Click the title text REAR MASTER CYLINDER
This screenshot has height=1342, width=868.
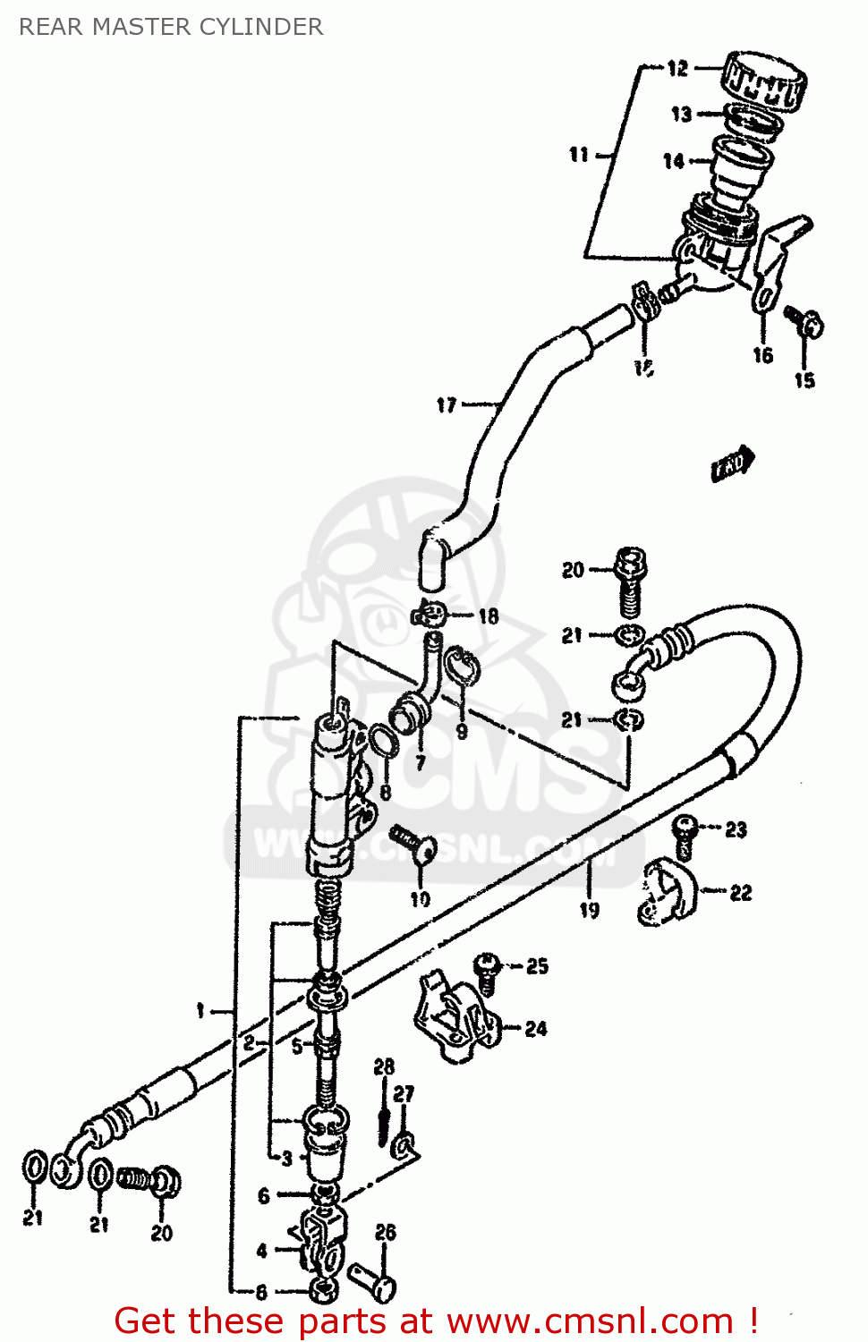point(171,27)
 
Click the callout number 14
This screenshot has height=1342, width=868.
point(673,161)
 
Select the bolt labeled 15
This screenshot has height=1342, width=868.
point(804,322)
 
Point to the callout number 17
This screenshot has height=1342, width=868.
point(447,405)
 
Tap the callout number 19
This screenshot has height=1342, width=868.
point(589,910)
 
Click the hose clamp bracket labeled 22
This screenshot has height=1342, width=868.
point(666,893)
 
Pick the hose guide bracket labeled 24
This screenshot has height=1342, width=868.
point(455,1018)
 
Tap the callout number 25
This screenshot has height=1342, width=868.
point(537,965)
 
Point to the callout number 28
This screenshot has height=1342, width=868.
point(384,1066)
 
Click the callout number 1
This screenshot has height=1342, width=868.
point(200,1011)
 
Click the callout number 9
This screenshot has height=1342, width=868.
point(462,731)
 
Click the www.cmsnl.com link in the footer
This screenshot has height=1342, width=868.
point(590,1321)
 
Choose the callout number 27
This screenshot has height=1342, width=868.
point(404,1093)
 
